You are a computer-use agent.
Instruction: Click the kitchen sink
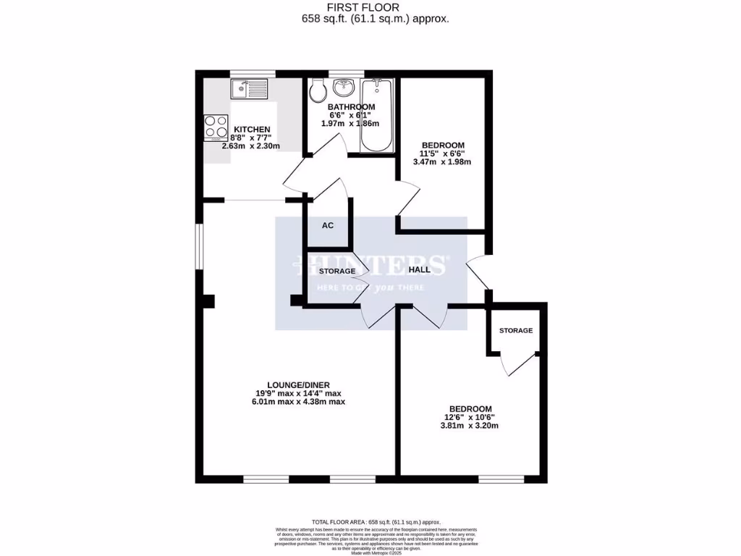click(x=250, y=90)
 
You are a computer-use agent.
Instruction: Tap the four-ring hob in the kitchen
click(x=216, y=128)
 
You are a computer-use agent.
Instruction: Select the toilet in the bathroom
click(x=316, y=92)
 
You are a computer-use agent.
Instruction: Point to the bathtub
click(x=376, y=114)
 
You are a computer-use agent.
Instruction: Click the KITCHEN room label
click(x=251, y=129)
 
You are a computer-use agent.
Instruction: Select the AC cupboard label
click(x=328, y=225)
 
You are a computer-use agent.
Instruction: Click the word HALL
click(x=419, y=269)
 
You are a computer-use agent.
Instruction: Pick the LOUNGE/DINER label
click(x=298, y=384)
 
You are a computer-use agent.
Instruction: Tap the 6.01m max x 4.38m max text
click(x=298, y=402)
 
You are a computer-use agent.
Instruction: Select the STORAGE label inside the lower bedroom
click(x=516, y=330)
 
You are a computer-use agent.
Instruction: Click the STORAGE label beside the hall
click(x=337, y=271)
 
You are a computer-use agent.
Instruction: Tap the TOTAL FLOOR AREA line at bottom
click(x=376, y=522)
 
